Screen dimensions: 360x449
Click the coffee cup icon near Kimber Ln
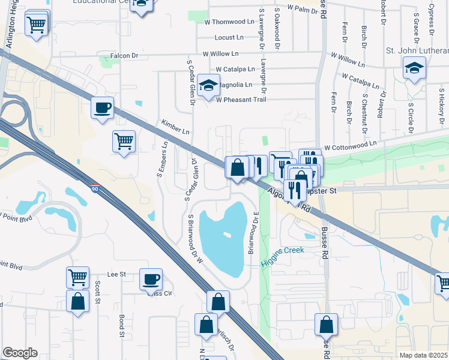click(x=103, y=108)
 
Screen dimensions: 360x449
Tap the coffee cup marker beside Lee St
click(x=151, y=279)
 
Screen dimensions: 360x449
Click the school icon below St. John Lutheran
click(x=414, y=68)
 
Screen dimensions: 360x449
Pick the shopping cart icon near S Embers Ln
click(x=124, y=142)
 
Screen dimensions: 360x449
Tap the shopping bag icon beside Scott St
click(x=78, y=301)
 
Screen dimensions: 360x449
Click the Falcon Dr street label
click(x=124, y=56)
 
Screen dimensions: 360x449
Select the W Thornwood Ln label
click(x=230, y=21)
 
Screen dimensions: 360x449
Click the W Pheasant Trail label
click(x=240, y=99)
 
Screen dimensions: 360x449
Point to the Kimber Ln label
click(x=175, y=127)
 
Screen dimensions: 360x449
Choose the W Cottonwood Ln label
click(x=350, y=145)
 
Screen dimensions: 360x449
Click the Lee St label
click(x=116, y=274)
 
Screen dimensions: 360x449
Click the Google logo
click(x=20, y=352)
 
